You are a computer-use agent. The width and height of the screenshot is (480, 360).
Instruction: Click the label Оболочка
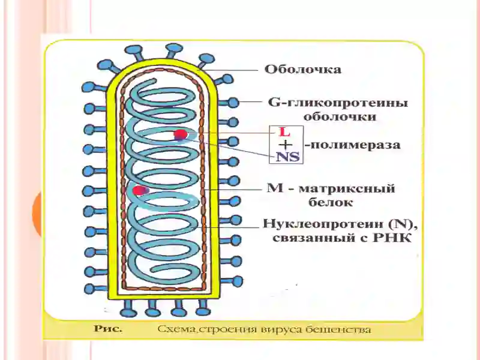click(303, 70)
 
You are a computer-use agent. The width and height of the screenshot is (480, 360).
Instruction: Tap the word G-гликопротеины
click(338, 103)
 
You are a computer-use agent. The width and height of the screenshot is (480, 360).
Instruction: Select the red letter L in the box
click(284, 133)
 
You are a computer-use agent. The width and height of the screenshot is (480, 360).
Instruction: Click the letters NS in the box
click(287, 157)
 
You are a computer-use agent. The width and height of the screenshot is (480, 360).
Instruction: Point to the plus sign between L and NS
click(286, 145)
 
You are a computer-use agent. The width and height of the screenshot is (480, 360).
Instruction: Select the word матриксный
click(346, 188)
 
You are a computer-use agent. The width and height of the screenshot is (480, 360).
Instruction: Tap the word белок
click(331, 202)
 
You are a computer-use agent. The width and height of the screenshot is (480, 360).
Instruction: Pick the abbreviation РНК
click(392, 238)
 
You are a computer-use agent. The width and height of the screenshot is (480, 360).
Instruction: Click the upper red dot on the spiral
click(181, 134)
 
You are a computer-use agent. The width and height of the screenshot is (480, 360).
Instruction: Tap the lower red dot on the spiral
click(139, 190)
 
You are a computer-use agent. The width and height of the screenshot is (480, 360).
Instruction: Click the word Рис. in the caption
click(108, 329)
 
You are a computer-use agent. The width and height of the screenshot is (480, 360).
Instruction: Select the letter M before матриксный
click(275, 188)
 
